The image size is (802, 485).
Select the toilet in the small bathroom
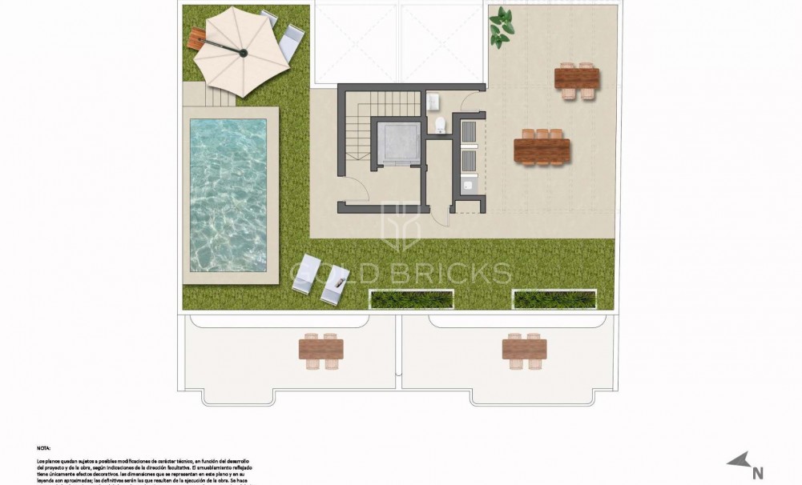pyautogui.click(x=440, y=125)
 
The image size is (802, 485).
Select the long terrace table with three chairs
pyautogui.click(x=542, y=149)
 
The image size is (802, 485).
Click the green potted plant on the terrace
pyautogui.click(x=502, y=26)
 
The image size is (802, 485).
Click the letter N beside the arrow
pyautogui.click(x=757, y=472)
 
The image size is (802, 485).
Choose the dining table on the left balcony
pyautogui.click(x=320, y=349)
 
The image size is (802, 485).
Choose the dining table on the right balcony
pyautogui.click(x=524, y=349)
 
